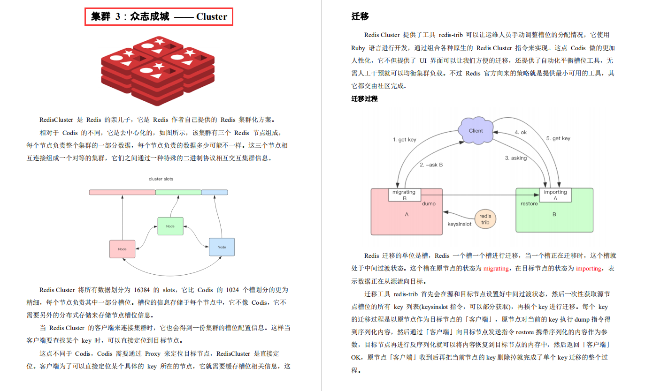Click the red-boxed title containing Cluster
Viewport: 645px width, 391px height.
(x=159, y=17)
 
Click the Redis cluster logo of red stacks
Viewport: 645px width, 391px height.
(x=158, y=71)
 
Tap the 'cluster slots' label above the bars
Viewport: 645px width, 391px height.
(x=161, y=179)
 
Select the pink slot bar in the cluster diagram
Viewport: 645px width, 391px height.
(x=122, y=192)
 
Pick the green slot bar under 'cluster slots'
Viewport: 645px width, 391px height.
(x=178, y=192)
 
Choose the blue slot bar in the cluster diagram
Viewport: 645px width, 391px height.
(x=215, y=192)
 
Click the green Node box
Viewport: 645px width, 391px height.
(x=170, y=226)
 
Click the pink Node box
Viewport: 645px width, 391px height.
(x=123, y=249)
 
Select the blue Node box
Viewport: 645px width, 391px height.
(x=222, y=247)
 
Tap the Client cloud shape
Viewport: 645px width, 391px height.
(x=476, y=130)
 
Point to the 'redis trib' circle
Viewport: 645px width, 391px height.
(x=485, y=219)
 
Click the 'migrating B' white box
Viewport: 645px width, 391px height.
(x=405, y=195)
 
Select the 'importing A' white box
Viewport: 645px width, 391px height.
(x=555, y=195)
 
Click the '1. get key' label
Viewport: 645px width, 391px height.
(x=405, y=139)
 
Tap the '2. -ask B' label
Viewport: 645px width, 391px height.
(x=431, y=165)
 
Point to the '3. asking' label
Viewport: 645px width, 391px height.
(x=516, y=158)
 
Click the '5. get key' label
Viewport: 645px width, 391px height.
(x=558, y=138)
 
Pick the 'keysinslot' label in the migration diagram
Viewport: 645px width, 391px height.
(x=459, y=224)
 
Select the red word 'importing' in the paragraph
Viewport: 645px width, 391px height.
(x=589, y=269)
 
